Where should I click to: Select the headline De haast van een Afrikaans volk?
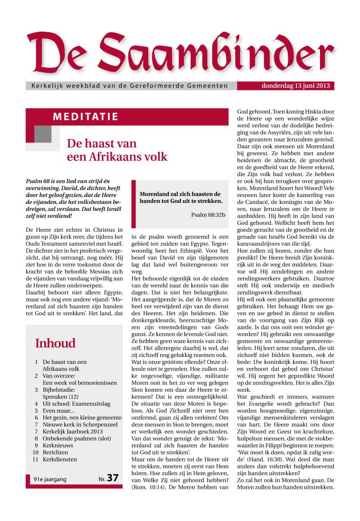(x=117, y=150)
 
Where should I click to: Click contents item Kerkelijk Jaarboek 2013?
(x=73, y=432)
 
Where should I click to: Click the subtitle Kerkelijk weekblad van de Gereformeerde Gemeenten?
(x=129, y=86)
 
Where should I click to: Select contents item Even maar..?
(x=58, y=411)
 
